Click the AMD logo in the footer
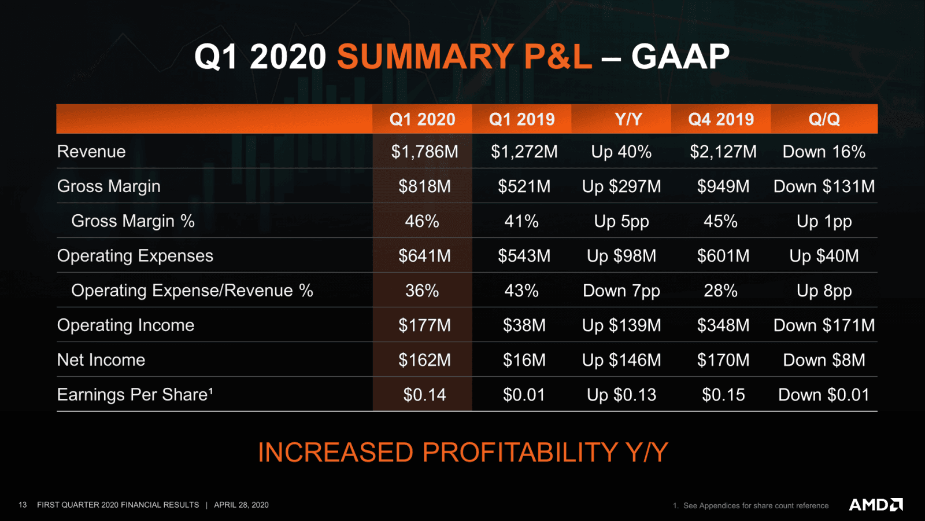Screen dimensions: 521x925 875,505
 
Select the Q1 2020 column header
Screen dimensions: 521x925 422,119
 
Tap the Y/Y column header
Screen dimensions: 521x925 628,119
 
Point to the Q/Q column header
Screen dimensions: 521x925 824,119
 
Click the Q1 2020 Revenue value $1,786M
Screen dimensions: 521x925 424,152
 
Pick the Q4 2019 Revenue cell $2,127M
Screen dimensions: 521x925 723,152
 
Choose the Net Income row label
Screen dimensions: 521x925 101,360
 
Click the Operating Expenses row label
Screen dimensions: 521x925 135,256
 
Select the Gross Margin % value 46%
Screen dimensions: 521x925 422,221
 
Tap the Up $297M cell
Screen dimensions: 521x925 621,186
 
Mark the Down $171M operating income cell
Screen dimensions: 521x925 824,325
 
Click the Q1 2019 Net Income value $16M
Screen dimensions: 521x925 524,360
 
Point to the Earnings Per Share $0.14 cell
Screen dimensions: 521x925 424,395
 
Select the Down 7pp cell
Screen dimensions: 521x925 621,291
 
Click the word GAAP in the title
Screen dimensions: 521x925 680,57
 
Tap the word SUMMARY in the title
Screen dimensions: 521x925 425,57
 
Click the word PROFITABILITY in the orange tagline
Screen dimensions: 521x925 520,452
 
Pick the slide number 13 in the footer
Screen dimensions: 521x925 23,505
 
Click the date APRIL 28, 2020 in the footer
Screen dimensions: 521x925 241,505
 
